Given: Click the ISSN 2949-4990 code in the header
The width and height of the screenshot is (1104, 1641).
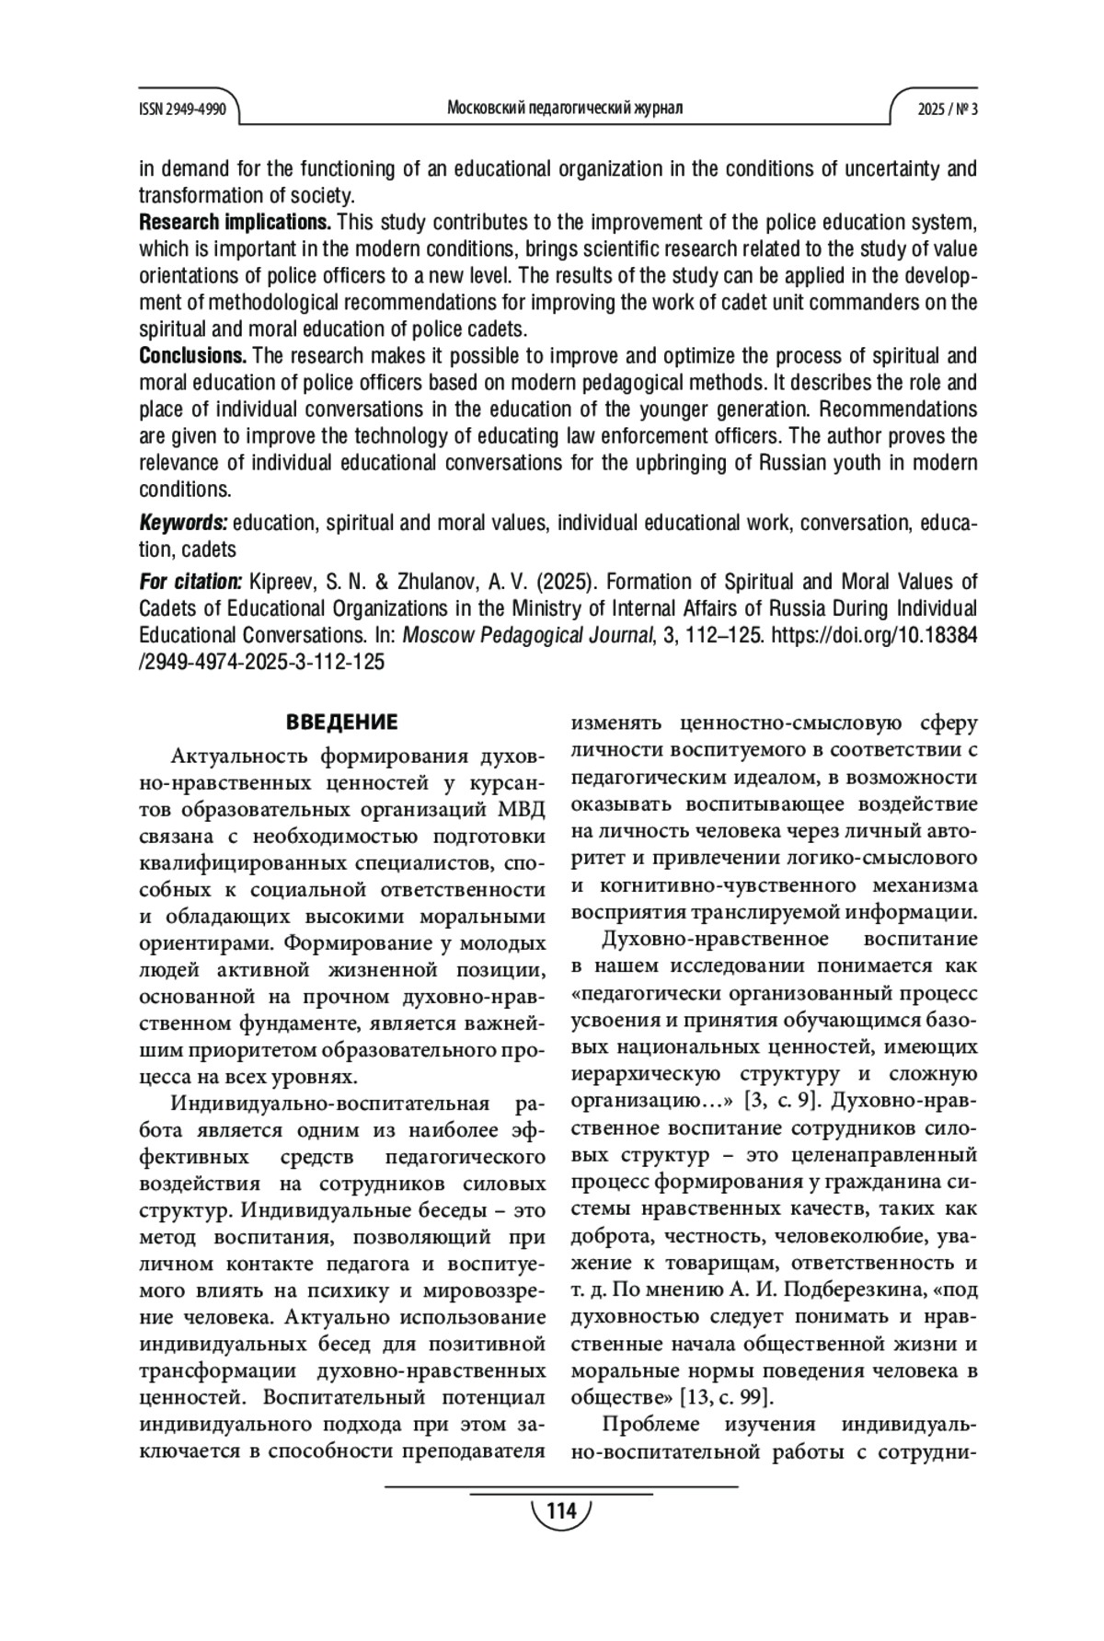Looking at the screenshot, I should tap(182, 109).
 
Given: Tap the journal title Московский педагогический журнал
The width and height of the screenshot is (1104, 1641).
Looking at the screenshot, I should tap(565, 109).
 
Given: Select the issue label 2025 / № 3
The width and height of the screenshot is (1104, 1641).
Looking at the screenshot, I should tap(947, 109).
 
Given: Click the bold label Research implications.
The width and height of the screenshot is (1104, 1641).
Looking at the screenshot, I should tap(235, 223).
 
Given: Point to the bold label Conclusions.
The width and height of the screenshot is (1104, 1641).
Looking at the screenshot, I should tap(192, 356).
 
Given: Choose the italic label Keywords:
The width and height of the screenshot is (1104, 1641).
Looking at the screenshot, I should tap(183, 523).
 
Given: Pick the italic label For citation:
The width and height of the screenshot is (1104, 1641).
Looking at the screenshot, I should tap(190, 582).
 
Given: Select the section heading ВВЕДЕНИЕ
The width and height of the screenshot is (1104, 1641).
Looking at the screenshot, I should tap(342, 722).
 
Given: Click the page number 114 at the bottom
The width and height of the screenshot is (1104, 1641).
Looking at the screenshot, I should tap(560, 1511).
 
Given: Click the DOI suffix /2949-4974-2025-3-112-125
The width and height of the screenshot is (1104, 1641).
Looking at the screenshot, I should tap(262, 662).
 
